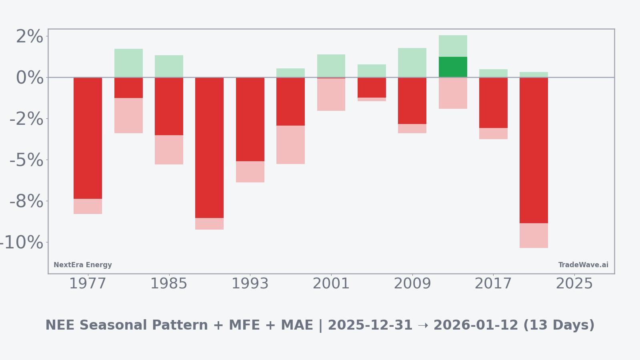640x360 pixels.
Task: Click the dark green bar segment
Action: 453,67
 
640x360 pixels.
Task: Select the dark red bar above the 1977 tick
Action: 88,138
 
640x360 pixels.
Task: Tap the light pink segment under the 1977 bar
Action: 88,206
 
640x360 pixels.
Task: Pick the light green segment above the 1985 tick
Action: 169,66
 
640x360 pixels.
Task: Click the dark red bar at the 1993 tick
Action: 250,119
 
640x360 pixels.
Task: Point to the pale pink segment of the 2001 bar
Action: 331,94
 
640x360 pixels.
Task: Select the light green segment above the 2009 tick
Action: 412,62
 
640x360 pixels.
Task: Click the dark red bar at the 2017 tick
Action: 493,103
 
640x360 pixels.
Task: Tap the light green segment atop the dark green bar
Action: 453,46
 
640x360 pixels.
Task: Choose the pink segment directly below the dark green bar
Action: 453,93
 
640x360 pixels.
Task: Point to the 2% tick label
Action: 29,37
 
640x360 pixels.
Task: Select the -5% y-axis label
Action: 26,160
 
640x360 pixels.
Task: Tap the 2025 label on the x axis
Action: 574,284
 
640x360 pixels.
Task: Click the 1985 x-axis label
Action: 169,284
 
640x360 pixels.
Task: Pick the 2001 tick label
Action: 331,284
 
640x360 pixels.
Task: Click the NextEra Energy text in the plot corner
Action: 83,265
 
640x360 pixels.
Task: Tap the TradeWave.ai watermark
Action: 583,265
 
